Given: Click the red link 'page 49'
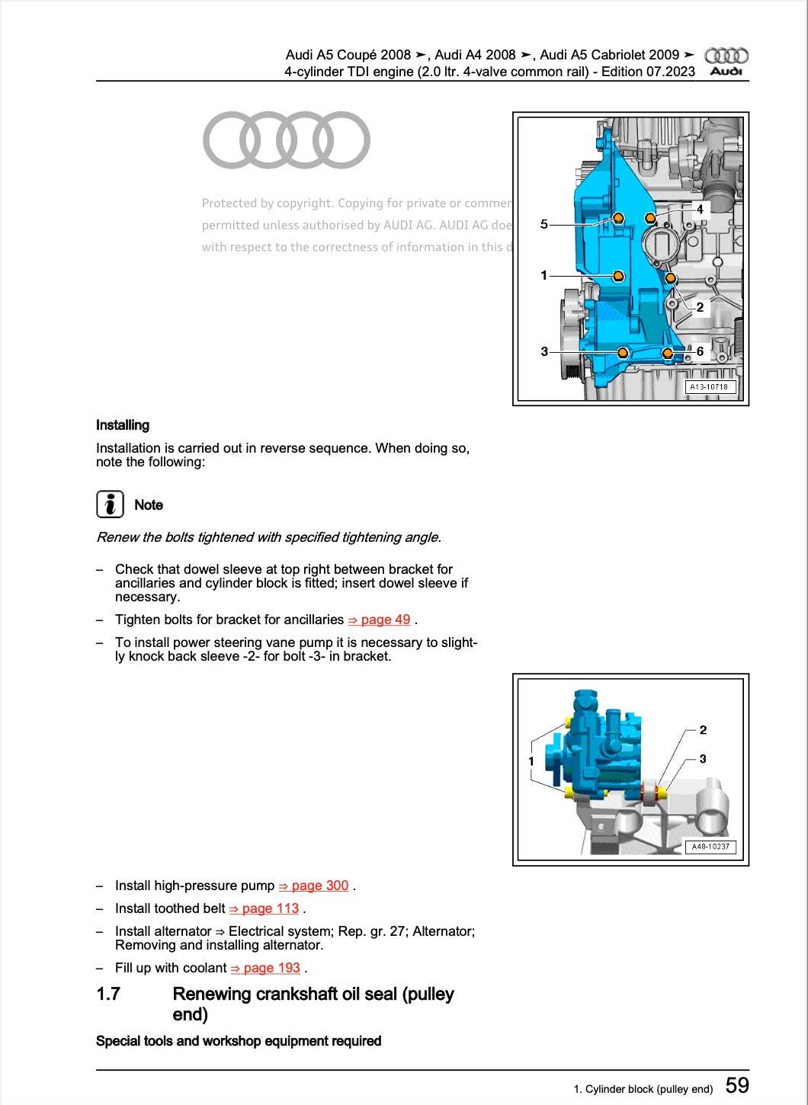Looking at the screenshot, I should pyautogui.click(x=379, y=620).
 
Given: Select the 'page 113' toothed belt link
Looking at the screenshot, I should pyautogui.click(x=265, y=908).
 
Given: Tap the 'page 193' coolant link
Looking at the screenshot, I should pyautogui.click(x=266, y=968).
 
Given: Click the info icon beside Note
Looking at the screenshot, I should pyautogui.click(x=111, y=504).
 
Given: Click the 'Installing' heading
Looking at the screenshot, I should pyautogui.click(x=123, y=425).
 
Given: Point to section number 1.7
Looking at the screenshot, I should pyautogui.click(x=108, y=994).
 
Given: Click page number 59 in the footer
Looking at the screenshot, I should pyautogui.click(x=737, y=1085).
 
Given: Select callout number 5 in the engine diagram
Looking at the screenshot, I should pyautogui.click(x=543, y=224).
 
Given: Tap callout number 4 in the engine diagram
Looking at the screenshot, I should pyautogui.click(x=700, y=209).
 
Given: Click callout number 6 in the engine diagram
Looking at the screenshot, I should pyautogui.click(x=700, y=351).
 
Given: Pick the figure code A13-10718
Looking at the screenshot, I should pyautogui.click(x=709, y=387).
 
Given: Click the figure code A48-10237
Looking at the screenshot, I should pyautogui.click(x=710, y=847).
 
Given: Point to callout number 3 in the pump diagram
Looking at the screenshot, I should pyautogui.click(x=703, y=759).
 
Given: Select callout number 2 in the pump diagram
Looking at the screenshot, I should pyautogui.click(x=703, y=730).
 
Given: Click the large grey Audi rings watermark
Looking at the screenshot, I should pyautogui.click(x=287, y=140).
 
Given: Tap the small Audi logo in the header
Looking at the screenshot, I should pyautogui.click(x=726, y=61).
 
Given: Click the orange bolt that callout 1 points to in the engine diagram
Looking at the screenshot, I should pyautogui.click(x=618, y=275).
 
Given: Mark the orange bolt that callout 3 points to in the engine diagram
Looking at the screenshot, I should pyautogui.click(x=623, y=352).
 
